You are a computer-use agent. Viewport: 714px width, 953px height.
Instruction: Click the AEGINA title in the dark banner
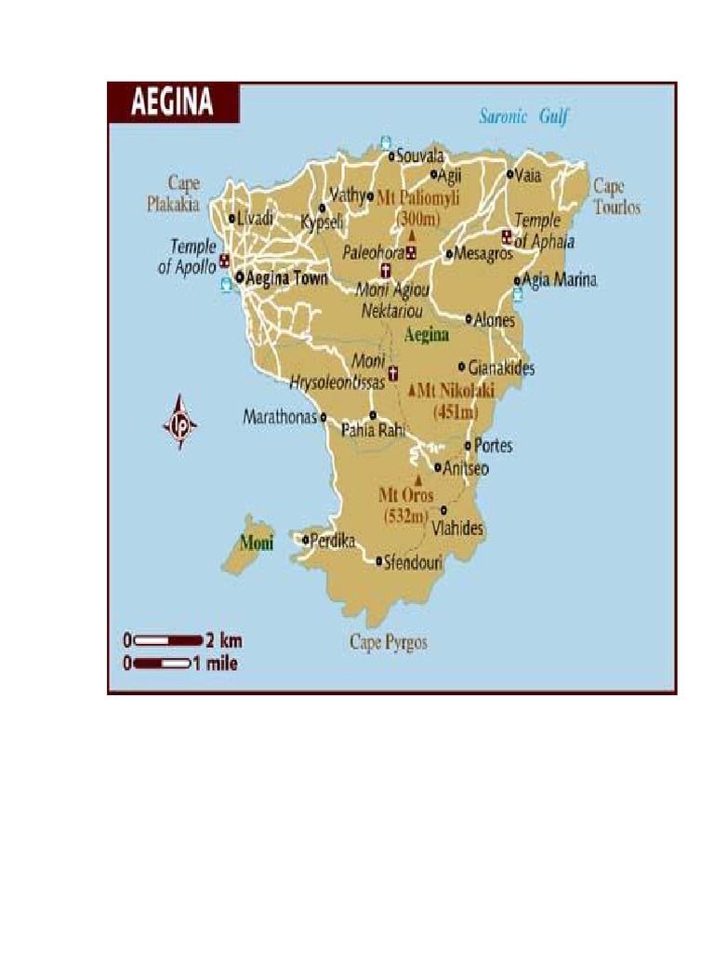point(173,101)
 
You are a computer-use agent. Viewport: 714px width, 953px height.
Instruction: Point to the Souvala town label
point(420,154)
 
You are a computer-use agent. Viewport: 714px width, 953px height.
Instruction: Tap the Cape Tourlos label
point(616,196)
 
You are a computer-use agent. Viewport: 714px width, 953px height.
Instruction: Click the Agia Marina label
point(560,280)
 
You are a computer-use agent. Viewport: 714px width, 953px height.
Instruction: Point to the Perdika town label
point(333,540)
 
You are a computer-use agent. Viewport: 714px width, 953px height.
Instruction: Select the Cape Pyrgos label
point(389,642)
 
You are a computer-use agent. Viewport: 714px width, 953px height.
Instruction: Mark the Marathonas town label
point(280,417)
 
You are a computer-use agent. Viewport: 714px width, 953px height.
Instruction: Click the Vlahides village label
point(457,528)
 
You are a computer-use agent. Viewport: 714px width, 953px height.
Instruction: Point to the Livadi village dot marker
point(232,219)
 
